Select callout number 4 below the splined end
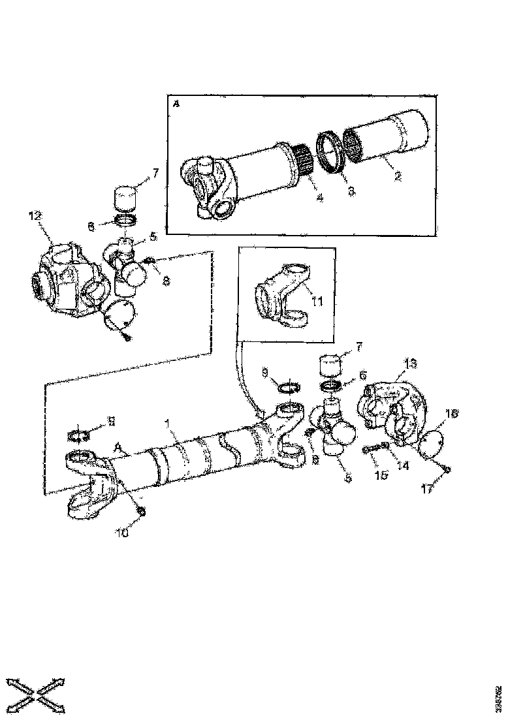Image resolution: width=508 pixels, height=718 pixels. pos(320,198)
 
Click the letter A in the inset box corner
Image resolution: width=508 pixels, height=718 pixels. pos(176,103)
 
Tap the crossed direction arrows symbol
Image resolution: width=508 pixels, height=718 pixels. pos(36,690)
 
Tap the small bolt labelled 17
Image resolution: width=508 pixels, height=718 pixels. pos(446,469)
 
